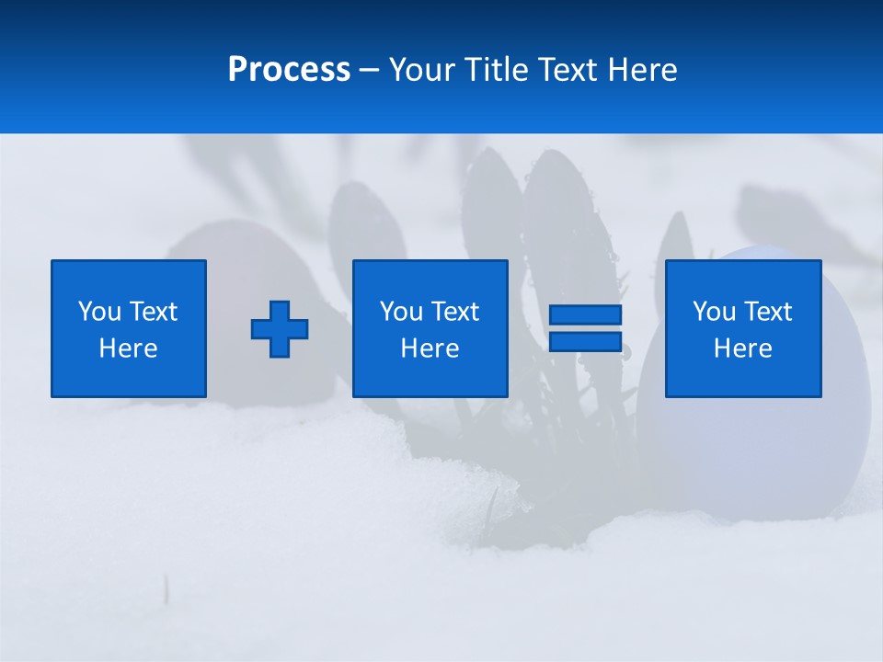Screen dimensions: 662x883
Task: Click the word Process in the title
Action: click(289, 70)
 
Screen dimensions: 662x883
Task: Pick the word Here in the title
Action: click(642, 70)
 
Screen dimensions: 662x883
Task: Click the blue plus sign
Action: click(280, 329)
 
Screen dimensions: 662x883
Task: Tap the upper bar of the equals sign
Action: click(585, 314)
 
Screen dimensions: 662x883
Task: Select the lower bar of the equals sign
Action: click(585, 341)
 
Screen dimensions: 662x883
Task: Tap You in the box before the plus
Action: click(99, 312)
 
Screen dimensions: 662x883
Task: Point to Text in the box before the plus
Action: click(153, 312)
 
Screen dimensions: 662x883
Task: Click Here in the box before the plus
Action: click(129, 348)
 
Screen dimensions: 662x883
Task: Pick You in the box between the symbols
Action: click(401, 312)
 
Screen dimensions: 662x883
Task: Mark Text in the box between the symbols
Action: click(454, 312)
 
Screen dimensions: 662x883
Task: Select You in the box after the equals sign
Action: click(714, 312)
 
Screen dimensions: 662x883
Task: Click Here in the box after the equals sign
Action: click(743, 348)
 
